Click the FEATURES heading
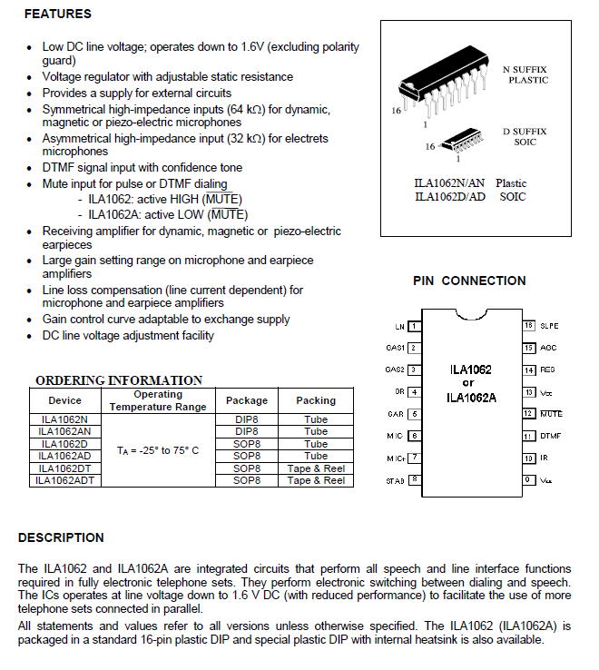pos(57,15)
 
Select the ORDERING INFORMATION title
pos(119,380)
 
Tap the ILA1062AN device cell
pos(65,432)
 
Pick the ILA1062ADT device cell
pos(65,480)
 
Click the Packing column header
pos(316,400)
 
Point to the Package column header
pos(247,400)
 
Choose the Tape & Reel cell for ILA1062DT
pos(316,468)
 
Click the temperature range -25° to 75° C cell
pos(158,450)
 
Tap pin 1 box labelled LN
pos(414,326)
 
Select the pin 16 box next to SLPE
pos(528,325)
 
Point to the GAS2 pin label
pos(394,369)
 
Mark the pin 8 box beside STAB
pos(414,479)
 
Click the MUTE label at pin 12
pos(551,414)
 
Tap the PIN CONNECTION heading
pos(469,281)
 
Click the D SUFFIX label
pos(525,133)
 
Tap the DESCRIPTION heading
pos(61,537)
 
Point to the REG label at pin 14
pos(548,369)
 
